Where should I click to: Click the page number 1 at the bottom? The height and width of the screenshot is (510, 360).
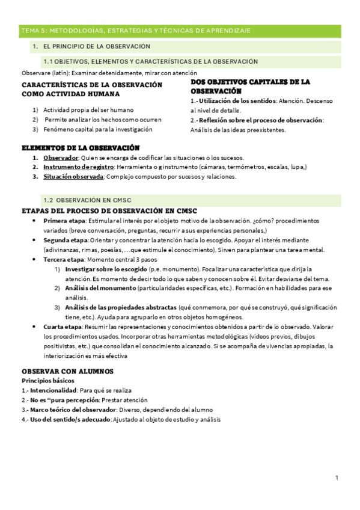pos(337,478)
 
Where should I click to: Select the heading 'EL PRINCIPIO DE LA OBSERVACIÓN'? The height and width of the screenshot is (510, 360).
pos(97,46)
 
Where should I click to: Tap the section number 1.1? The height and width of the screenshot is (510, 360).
pos(49,61)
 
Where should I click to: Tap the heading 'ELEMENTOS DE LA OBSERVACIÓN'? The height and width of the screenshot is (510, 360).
pos(81,147)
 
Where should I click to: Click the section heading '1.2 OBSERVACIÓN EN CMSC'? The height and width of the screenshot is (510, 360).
pos(87,200)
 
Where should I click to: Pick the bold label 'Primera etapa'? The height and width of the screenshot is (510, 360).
pos(64,221)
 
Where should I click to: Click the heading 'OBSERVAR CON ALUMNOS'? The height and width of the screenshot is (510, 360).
pos(67,371)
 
